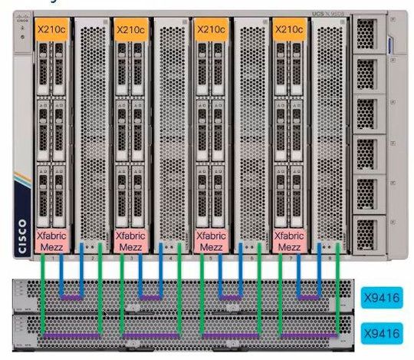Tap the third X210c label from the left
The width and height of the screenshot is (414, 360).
pyautogui.click(x=211, y=29)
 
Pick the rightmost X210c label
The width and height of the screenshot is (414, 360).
pyautogui.click(x=290, y=29)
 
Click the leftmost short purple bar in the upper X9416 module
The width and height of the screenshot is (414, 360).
pyautogui.click(x=72, y=296)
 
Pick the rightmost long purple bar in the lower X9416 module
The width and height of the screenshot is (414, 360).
pyautogui.click(x=307, y=335)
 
